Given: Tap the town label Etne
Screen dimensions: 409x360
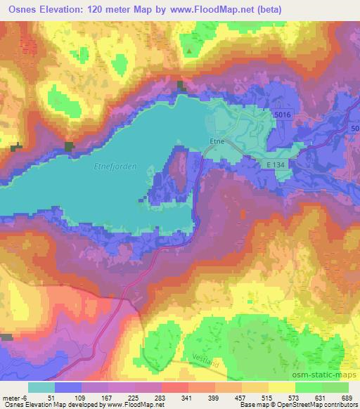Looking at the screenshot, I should [217, 141].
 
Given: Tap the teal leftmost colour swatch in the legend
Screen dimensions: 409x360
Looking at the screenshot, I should [41, 387].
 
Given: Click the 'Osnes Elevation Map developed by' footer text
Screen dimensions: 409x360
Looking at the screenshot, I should [49, 405].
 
